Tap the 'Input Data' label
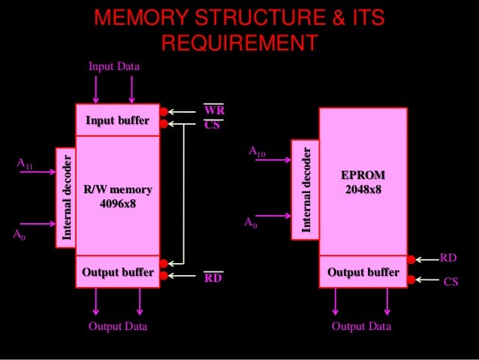[x=113, y=68]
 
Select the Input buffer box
[x=117, y=120]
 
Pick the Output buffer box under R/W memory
[x=117, y=271]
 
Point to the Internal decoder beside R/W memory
[x=68, y=197]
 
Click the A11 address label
[x=25, y=163]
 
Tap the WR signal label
[x=214, y=110]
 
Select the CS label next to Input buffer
[x=212, y=126]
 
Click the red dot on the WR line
[x=163, y=110]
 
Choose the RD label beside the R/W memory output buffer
[x=213, y=279]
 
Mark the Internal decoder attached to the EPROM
[x=306, y=189]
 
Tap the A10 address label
[x=257, y=153]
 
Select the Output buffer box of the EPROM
[x=363, y=271]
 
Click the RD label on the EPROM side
[x=448, y=258]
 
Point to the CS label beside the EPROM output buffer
[x=451, y=281]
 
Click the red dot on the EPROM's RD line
[x=411, y=263]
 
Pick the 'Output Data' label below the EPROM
[x=361, y=327]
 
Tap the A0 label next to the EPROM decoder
[x=251, y=223]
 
